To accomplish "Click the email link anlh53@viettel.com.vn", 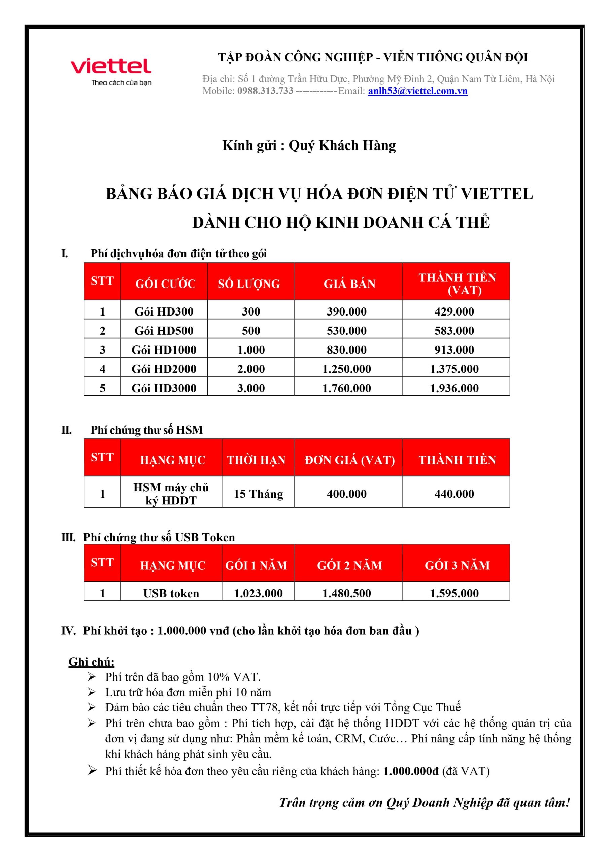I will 417,91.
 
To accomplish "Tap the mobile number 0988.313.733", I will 265,91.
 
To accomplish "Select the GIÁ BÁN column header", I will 349,284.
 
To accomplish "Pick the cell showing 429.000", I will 454,311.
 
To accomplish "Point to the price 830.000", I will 346,350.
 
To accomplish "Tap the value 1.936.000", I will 454,388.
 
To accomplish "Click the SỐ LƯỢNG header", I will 249,284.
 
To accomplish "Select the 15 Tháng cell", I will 259,494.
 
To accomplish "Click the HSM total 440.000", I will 454,494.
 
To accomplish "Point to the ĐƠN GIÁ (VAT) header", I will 349,460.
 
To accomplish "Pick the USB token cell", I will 171,593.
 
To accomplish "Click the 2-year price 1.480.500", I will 346,593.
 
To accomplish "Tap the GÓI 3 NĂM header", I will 457,565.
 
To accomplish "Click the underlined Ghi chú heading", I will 91,661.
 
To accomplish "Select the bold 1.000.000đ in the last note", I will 411,771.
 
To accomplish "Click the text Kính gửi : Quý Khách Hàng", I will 309,145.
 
